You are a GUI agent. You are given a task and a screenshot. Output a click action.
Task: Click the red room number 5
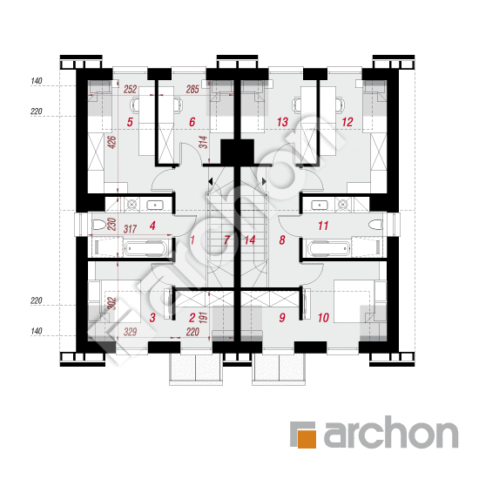click(x=130, y=122)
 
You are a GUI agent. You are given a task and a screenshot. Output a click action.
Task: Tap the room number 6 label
click(x=192, y=122)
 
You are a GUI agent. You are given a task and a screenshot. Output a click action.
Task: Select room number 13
click(x=282, y=122)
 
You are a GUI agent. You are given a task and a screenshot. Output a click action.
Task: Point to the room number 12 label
click(x=347, y=122)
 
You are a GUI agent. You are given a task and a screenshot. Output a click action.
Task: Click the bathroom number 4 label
click(x=152, y=226)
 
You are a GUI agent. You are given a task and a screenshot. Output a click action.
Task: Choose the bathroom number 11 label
click(x=323, y=226)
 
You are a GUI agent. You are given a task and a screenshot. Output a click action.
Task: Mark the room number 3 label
click(x=152, y=318)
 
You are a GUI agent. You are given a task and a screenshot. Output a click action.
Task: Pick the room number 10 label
click(x=323, y=318)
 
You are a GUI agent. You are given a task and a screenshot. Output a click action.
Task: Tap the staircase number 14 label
click(x=250, y=240)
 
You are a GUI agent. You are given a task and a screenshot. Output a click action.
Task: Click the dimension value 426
click(x=112, y=142)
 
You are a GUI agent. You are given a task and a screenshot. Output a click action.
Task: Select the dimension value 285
click(x=192, y=89)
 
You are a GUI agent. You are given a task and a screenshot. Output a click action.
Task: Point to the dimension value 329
click(x=130, y=332)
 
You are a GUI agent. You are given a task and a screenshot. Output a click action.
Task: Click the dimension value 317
click(x=130, y=229)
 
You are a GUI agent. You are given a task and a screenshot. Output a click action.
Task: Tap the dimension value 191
click(x=203, y=318)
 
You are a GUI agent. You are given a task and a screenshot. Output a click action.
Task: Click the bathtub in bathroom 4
click(x=145, y=248)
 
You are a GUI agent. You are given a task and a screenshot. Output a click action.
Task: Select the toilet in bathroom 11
click(x=375, y=226)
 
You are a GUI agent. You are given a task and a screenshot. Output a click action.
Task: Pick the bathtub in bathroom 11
click(x=329, y=248)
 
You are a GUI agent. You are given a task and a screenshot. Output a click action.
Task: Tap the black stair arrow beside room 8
click(x=264, y=181)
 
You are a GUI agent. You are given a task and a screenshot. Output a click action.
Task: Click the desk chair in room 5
click(x=135, y=105)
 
